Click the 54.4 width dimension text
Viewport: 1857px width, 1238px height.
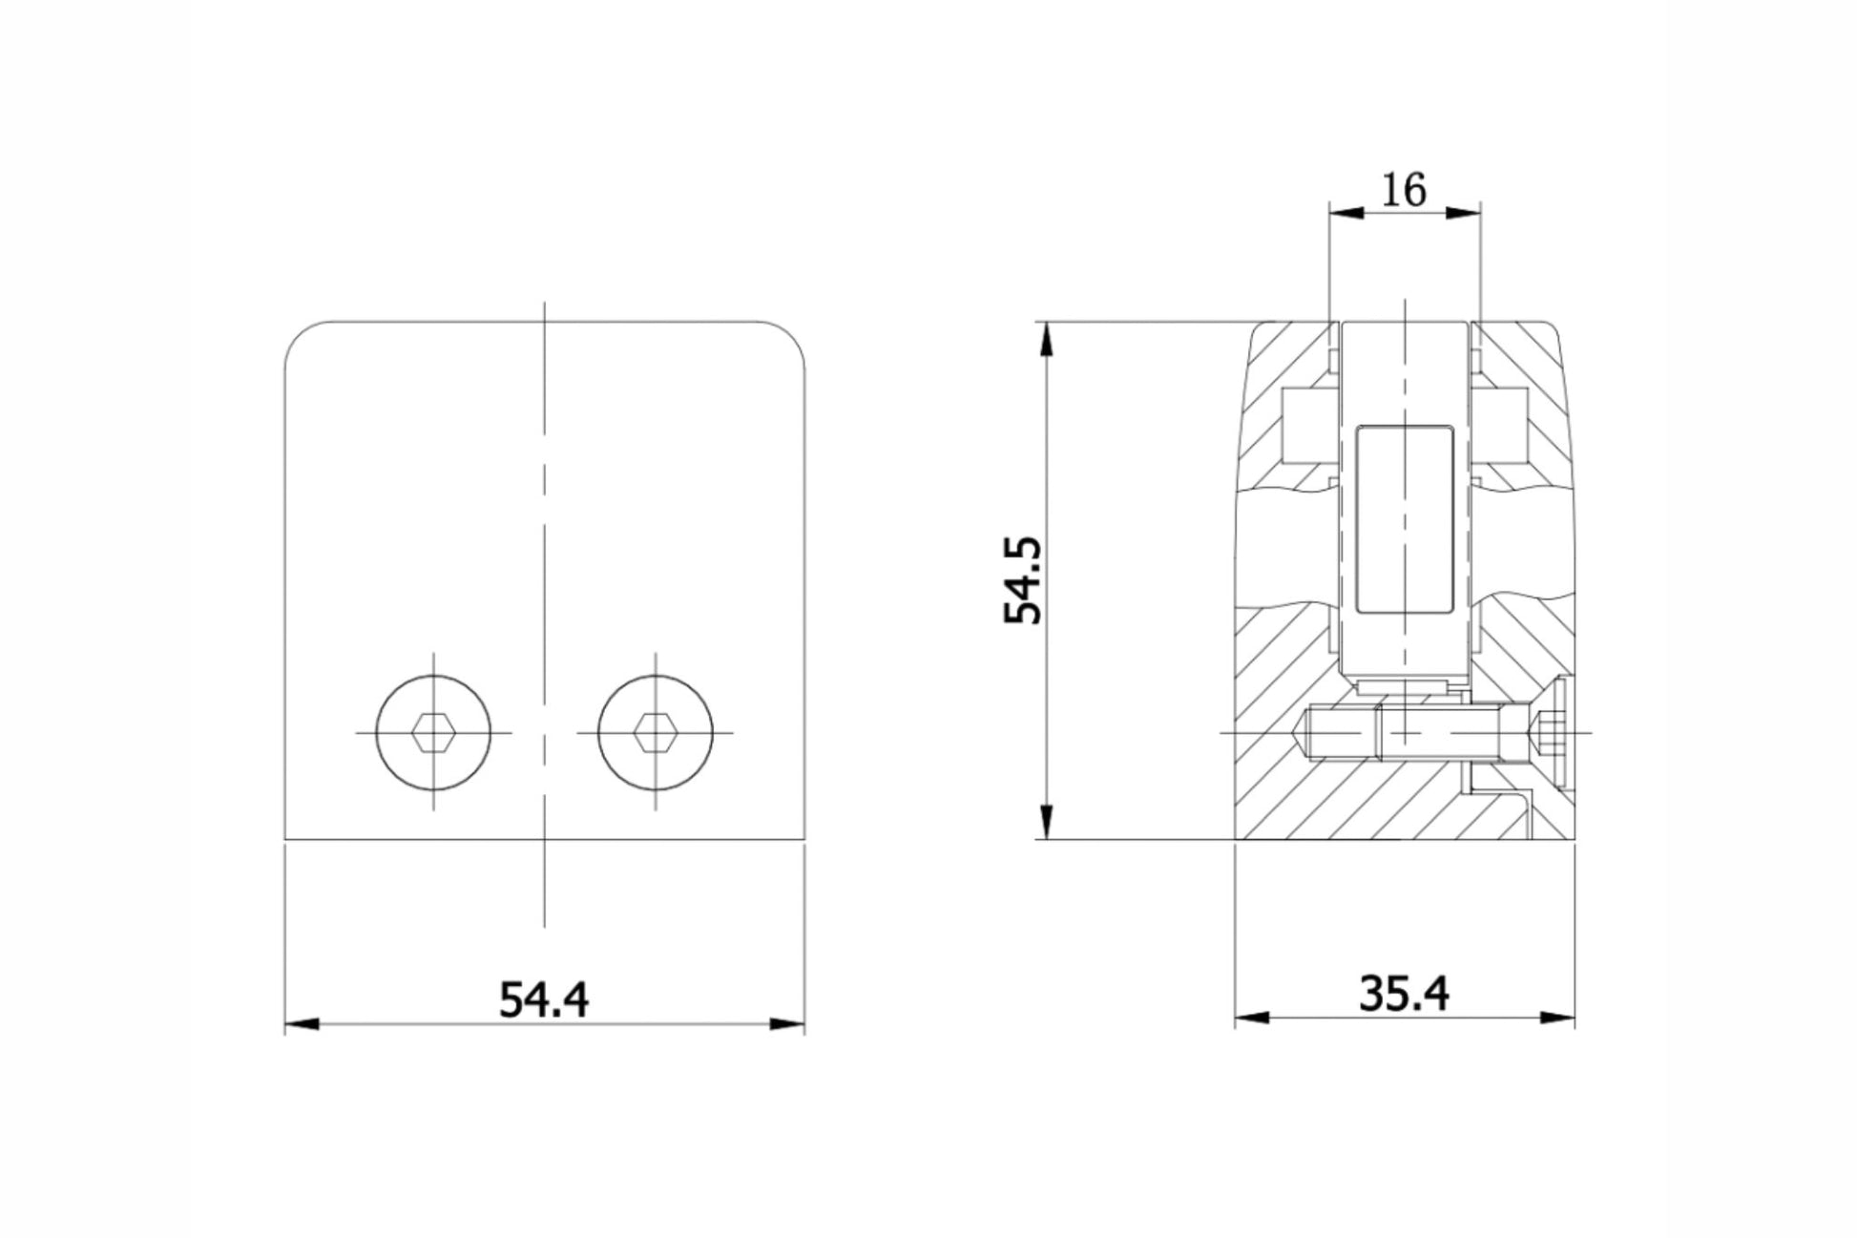pyautogui.click(x=544, y=999)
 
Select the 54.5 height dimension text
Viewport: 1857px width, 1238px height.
pyautogui.click(x=1024, y=579)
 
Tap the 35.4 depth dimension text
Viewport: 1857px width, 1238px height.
pyautogui.click(x=1404, y=994)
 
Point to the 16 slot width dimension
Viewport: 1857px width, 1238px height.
pyautogui.click(x=1404, y=190)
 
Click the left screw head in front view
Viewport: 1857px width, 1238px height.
pyautogui.click(x=434, y=733)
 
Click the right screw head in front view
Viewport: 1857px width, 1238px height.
pyautogui.click(x=656, y=733)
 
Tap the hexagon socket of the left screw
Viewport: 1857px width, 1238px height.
pyautogui.click(x=434, y=733)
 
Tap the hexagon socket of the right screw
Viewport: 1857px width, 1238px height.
pyautogui.click(x=656, y=733)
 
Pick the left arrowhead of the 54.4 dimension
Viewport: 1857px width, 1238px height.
pyautogui.click(x=302, y=1025)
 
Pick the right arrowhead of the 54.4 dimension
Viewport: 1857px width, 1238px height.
pyautogui.click(x=787, y=1025)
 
